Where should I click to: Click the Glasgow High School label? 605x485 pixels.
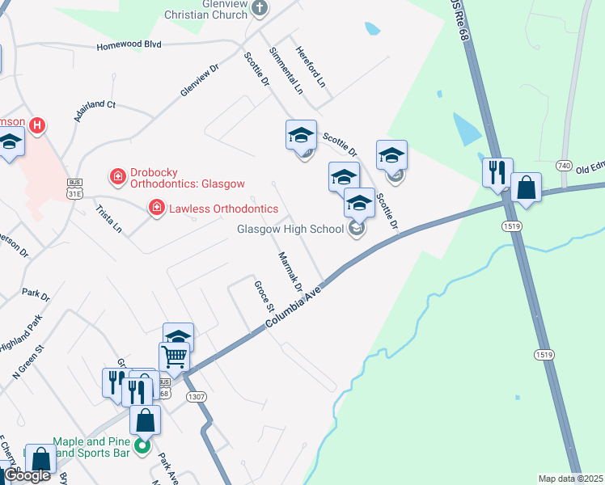point(290,229)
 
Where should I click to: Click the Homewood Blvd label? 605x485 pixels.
point(129,45)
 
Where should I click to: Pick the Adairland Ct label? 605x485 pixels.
point(95,111)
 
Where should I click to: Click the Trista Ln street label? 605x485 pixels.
point(108,218)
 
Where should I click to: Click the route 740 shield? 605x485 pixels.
point(564,165)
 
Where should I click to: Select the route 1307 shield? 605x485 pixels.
point(196,396)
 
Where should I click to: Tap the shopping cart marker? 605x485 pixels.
point(174,355)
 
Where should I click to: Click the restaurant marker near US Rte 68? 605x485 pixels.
point(497,171)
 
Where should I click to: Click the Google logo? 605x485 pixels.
point(27,475)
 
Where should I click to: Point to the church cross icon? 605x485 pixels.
point(260,7)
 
